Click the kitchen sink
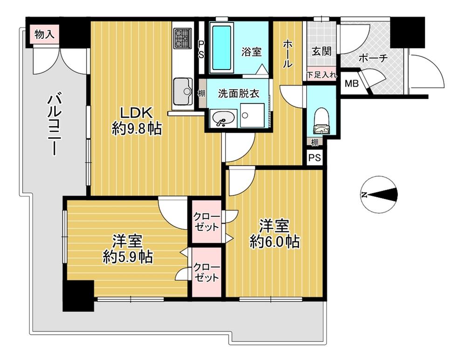point(182,90)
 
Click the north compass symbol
point(381,195)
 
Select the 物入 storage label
point(44,34)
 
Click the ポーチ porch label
point(373,58)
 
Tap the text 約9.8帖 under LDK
point(137,128)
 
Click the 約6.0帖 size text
point(274,241)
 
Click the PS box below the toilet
point(315,158)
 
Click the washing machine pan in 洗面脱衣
point(252,115)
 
